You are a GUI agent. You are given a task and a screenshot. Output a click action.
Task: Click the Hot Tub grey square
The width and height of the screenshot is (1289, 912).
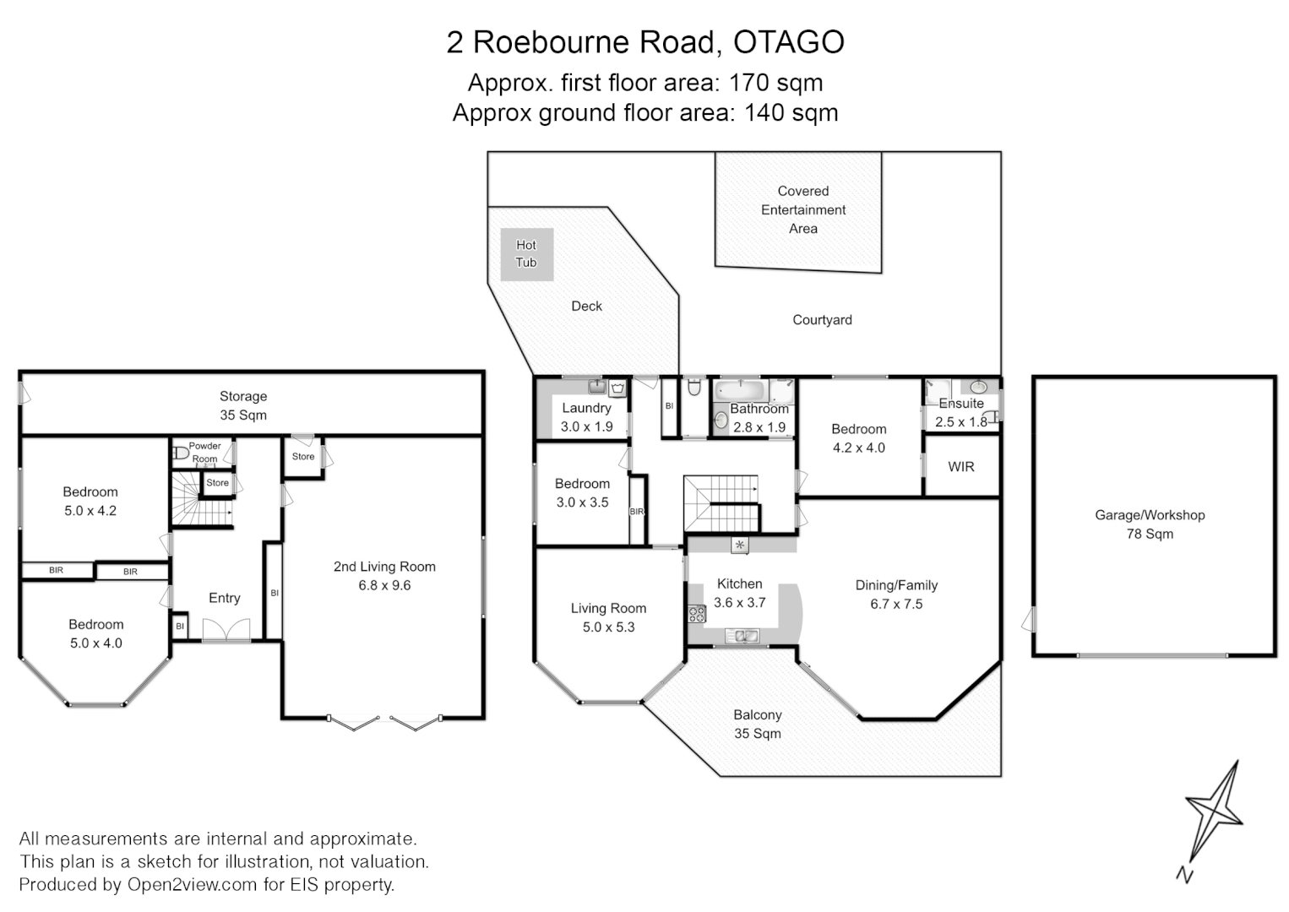(x=526, y=254)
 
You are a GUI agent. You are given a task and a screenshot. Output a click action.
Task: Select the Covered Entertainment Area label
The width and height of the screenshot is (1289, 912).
(x=802, y=209)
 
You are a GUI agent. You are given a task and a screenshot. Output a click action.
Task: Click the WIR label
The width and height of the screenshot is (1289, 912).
(x=961, y=466)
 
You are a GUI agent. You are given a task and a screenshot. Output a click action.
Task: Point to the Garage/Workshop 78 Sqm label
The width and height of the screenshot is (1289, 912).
(x=1150, y=524)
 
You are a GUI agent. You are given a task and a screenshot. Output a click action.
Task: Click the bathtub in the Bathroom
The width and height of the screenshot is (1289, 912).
(x=741, y=392)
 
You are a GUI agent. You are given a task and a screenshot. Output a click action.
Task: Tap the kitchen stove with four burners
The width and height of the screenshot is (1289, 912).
(x=697, y=614)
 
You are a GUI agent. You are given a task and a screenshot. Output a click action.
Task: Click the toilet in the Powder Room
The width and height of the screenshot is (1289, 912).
(x=180, y=453)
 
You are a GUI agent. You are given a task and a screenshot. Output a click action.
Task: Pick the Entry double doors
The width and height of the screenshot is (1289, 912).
(x=226, y=630)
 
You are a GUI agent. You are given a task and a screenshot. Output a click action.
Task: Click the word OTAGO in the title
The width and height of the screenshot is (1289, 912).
(x=789, y=42)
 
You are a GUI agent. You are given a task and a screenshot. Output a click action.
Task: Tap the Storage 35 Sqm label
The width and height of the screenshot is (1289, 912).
(x=243, y=405)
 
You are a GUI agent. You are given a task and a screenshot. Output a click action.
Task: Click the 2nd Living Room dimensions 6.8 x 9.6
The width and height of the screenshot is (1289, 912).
(x=384, y=585)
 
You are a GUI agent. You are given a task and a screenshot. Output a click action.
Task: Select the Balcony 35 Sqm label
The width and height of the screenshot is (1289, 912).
(x=757, y=724)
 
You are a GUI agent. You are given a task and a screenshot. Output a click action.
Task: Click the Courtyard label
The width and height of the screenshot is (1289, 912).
(x=822, y=320)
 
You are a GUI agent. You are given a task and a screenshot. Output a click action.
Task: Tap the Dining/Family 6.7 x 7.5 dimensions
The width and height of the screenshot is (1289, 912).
(x=896, y=604)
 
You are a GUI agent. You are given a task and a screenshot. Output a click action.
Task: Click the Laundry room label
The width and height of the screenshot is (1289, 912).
(x=586, y=408)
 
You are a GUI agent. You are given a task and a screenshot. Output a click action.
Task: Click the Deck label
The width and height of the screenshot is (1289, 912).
(x=586, y=307)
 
